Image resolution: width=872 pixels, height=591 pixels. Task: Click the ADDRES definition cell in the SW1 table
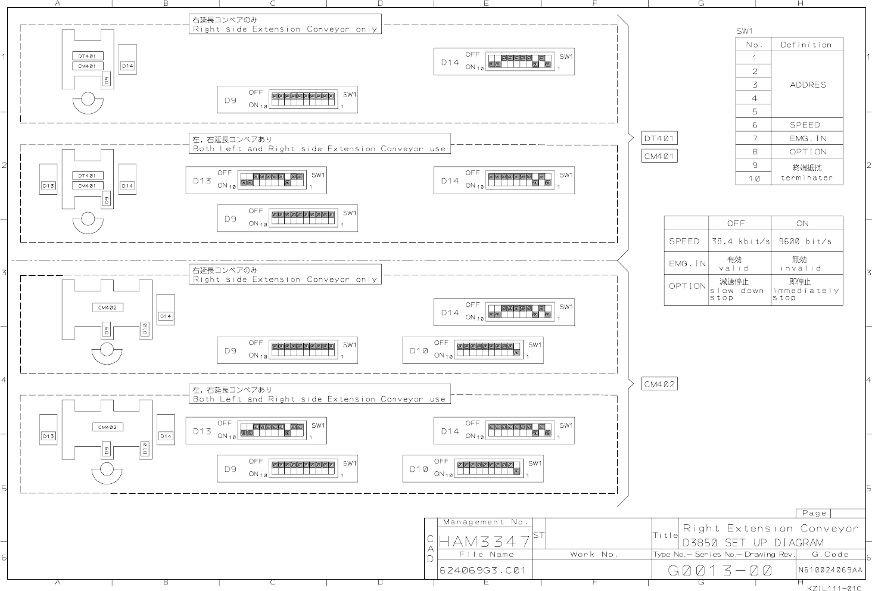pyautogui.click(x=808, y=85)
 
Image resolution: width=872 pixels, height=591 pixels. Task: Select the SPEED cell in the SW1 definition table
pyautogui.click(x=805, y=125)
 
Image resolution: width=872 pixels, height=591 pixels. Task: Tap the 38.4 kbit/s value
pyautogui.click(x=740, y=241)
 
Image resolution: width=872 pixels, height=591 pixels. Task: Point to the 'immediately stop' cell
pyautogui.click(x=806, y=290)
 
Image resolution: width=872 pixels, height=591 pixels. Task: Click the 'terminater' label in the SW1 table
pyautogui.click(x=806, y=178)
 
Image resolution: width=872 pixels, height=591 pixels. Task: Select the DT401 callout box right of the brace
pyautogui.click(x=659, y=138)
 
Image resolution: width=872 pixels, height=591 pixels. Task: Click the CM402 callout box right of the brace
pyautogui.click(x=659, y=384)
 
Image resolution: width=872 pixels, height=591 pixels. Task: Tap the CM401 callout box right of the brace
pyautogui.click(x=659, y=156)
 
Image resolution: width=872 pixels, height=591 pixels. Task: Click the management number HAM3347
pyautogui.click(x=484, y=542)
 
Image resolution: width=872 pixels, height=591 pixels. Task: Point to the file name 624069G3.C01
pyautogui.click(x=482, y=570)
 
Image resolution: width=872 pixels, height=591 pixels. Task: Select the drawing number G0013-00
pyautogui.click(x=720, y=571)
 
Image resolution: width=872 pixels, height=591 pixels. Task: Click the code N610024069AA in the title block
pyautogui.click(x=830, y=570)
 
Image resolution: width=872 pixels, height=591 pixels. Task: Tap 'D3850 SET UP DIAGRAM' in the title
pyautogui.click(x=753, y=543)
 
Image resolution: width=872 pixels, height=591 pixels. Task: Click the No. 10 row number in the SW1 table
pyautogui.click(x=754, y=178)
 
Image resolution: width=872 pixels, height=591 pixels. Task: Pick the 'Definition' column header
pyautogui.click(x=806, y=45)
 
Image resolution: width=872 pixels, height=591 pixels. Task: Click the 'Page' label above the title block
pyautogui.click(x=814, y=513)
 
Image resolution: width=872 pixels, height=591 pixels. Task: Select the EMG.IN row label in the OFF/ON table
pyautogui.click(x=687, y=263)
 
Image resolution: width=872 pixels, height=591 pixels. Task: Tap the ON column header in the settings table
pyautogui.click(x=802, y=223)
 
